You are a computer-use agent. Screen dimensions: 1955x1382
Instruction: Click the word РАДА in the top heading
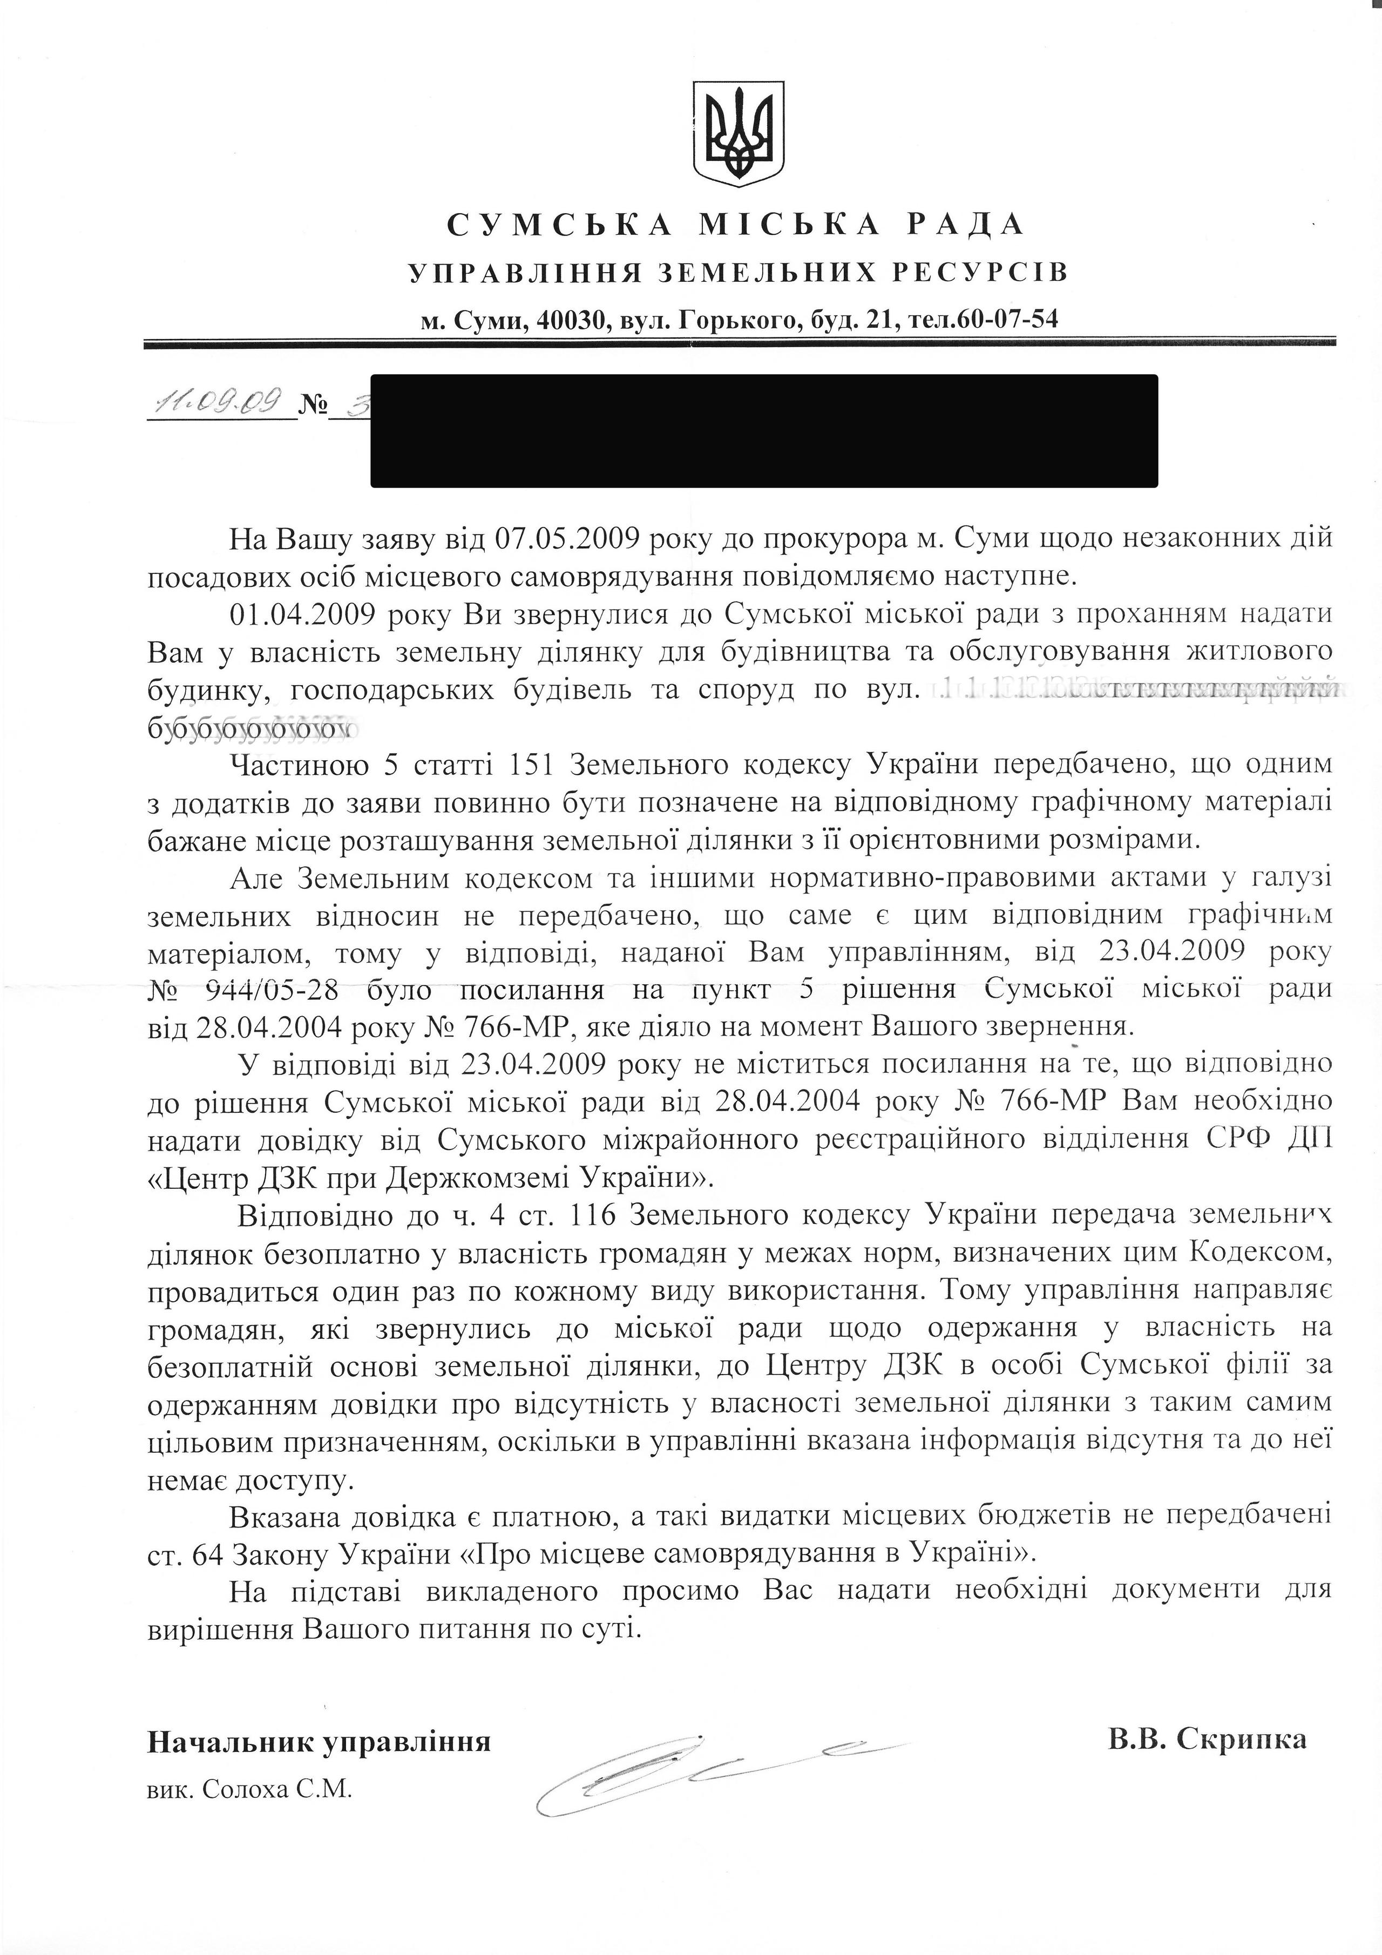coord(962,225)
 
